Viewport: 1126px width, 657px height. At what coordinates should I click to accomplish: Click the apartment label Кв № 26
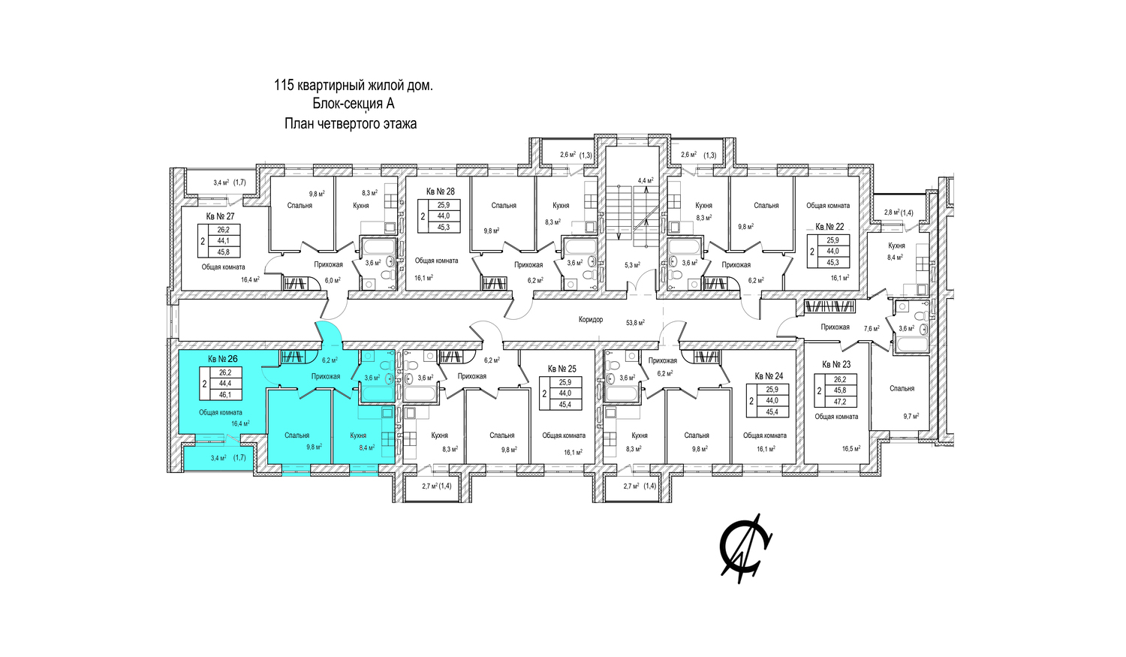click(x=223, y=359)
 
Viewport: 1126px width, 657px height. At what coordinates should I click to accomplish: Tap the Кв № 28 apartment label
click(x=441, y=191)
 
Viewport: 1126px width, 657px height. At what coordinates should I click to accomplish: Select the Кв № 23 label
click(x=836, y=364)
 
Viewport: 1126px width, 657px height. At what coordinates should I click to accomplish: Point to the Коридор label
click(x=591, y=319)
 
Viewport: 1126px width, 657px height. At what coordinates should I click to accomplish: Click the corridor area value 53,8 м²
click(x=635, y=323)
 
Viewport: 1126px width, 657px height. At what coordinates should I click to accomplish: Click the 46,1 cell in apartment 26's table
click(x=225, y=395)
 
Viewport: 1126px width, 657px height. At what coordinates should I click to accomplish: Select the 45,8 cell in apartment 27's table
click(x=223, y=252)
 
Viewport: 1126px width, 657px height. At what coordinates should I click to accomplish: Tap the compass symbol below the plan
click(x=746, y=549)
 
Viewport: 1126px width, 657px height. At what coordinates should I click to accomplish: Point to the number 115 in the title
click(x=284, y=86)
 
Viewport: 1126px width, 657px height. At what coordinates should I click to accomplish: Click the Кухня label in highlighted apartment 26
click(x=358, y=435)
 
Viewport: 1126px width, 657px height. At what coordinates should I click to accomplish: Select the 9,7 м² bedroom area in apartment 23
click(x=911, y=416)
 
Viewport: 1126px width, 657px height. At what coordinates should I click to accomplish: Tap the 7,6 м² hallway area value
click(x=872, y=329)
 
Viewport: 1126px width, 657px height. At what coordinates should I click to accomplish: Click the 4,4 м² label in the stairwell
click(x=646, y=180)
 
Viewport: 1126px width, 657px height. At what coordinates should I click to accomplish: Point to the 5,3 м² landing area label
click(x=632, y=265)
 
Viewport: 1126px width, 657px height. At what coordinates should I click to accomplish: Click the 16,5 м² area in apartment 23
click(x=851, y=448)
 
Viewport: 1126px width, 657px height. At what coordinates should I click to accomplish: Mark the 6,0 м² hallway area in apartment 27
click(x=333, y=281)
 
